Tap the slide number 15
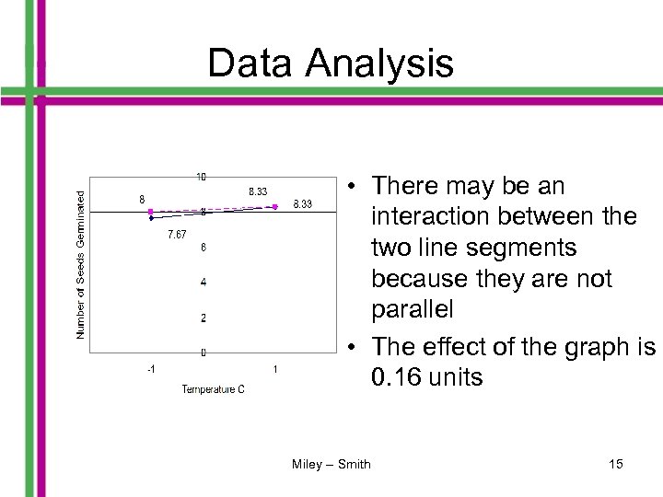(x=616, y=464)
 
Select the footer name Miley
(x=308, y=464)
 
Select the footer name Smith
(x=355, y=464)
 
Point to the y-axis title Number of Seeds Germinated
(x=81, y=264)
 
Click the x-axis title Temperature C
(x=213, y=389)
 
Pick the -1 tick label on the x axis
(x=150, y=369)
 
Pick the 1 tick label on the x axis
(x=276, y=369)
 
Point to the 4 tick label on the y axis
(x=203, y=283)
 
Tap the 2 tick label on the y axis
(x=203, y=318)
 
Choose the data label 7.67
(x=178, y=236)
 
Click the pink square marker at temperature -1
(x=151, y=212)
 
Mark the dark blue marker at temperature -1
(x=151, y=219)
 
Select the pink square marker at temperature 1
(x=275, y=206)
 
